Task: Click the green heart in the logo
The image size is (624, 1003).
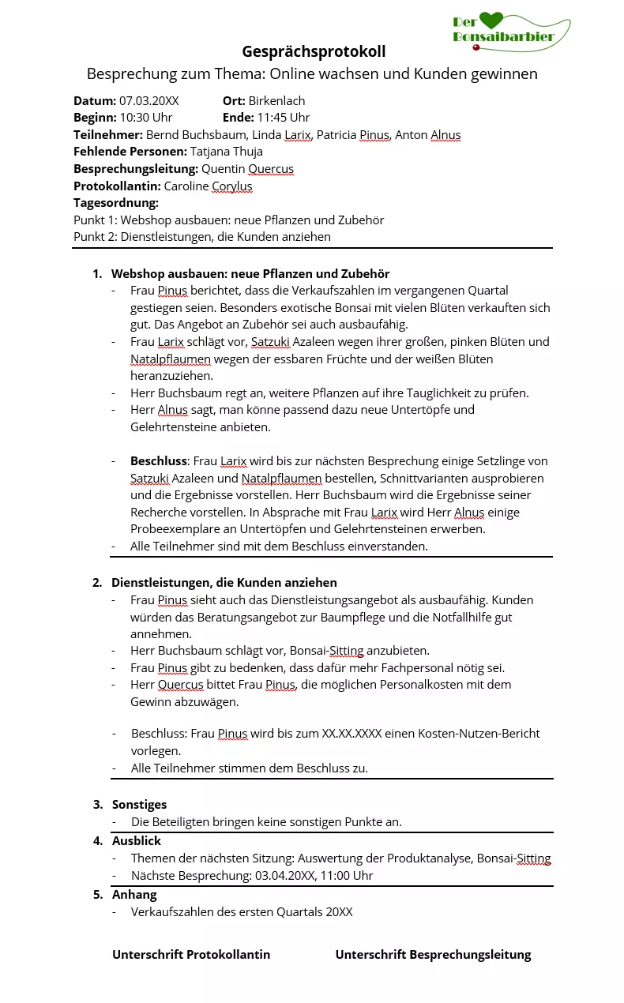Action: (x=491, y=21)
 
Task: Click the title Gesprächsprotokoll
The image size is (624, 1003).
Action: (x=314, y=51)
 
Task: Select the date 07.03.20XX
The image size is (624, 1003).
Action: (x=148, y=100)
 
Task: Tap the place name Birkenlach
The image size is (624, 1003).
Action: (x=276, y=100)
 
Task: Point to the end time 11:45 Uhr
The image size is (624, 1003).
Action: (x=283, y=118)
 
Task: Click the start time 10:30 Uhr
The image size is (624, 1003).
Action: (x=146, y=118)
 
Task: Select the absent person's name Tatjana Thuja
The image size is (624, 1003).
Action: (x=227, y=151)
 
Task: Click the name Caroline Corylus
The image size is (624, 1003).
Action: (x=208, y=186)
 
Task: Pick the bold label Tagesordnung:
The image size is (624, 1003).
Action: (x=116, y=203)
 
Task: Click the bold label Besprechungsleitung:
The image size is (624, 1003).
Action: (x=136, y=168)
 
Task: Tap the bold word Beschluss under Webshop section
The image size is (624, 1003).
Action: (x=159, y=460)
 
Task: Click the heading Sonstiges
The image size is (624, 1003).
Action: (x=139, y=804)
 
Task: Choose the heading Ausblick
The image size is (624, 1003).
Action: (x=136, y=840)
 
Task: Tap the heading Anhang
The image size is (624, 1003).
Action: (x=134, y=894)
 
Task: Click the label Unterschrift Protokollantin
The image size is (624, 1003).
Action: (x=191, y=954)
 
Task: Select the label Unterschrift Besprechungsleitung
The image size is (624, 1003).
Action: (x=433, y=954)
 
